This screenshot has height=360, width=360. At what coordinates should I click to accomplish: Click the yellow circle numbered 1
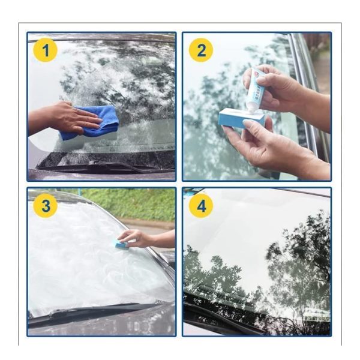tap(45, 50)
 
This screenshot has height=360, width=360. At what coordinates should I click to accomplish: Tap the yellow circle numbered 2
tap(201, 50)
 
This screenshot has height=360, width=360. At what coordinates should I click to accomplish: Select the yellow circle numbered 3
tap(45, 206)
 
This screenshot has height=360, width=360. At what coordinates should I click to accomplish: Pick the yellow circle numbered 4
tap(201, 206)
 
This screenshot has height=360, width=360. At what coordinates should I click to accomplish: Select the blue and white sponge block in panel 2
tap(242, 118)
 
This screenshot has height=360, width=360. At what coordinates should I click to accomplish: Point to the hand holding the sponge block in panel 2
tap(271, 147)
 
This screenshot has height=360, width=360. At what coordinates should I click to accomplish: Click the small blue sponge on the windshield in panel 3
tap(121, 245)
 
